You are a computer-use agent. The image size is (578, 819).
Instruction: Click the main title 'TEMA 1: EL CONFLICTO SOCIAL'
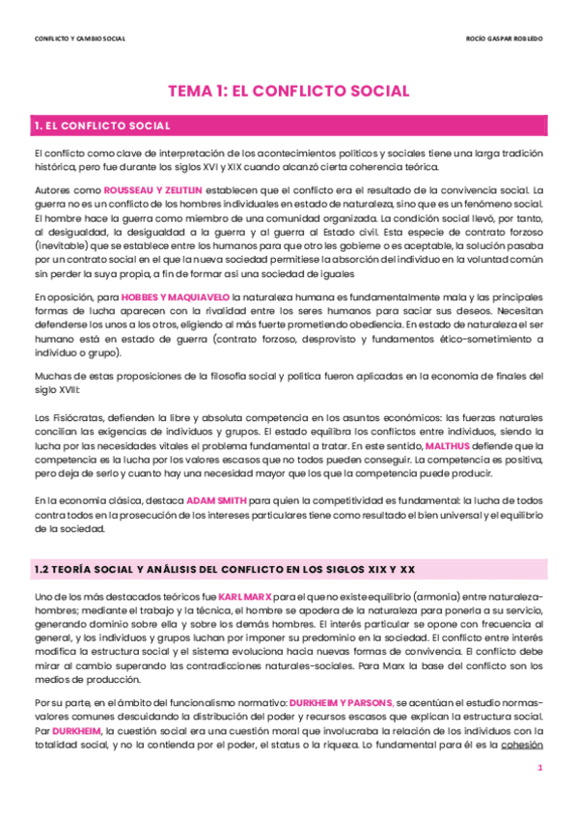pos(289,91)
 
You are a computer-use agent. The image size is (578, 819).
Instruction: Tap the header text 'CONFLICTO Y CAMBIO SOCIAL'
pos(79,39)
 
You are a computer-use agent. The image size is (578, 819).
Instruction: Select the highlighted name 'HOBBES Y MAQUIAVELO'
pos(177,297)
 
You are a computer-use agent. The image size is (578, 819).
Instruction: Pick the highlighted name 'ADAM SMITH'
pos(216,502)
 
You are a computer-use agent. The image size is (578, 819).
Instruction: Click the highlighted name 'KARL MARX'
pos(246,598)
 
